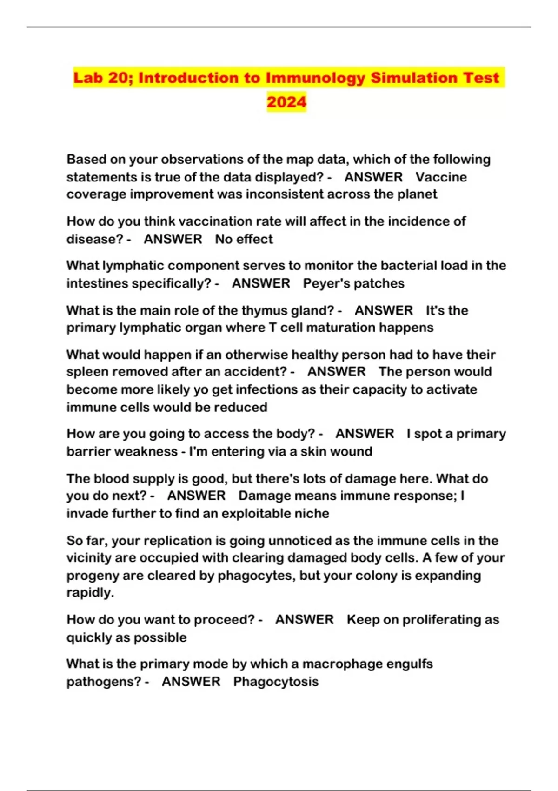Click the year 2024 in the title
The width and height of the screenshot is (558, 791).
coord(286,102)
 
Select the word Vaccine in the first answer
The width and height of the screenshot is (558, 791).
coord(441,177)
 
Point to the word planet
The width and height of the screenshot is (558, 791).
coord(417,194)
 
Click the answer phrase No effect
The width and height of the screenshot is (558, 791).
coord(244,239)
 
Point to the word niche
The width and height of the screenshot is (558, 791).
coord(312,514)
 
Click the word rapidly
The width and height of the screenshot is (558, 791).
coord(90,593)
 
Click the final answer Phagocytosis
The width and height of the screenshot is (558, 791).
coord(276,682)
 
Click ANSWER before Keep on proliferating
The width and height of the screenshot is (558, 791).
coord(305,620)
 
